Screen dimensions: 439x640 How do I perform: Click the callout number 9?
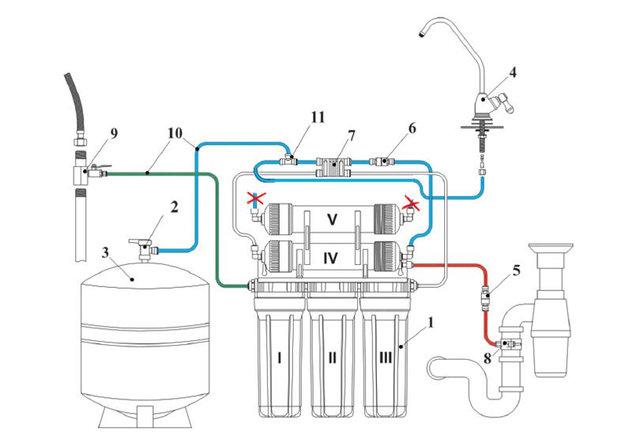(114, 133)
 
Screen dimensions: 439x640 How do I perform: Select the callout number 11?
(318, 116)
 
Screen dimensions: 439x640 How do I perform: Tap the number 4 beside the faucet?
(513, 72)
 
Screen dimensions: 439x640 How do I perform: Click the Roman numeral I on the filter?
(279, 358)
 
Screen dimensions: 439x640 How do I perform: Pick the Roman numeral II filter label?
(333, 358)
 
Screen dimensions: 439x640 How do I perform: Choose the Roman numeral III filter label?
(386, 358)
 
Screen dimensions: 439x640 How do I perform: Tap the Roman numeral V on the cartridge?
(333, 220)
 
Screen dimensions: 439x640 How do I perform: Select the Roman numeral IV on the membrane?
(333, 257)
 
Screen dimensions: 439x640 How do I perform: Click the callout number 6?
(413, 127)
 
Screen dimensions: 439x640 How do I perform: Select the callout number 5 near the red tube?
(516, 270)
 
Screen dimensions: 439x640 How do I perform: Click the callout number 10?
(174, 132)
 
